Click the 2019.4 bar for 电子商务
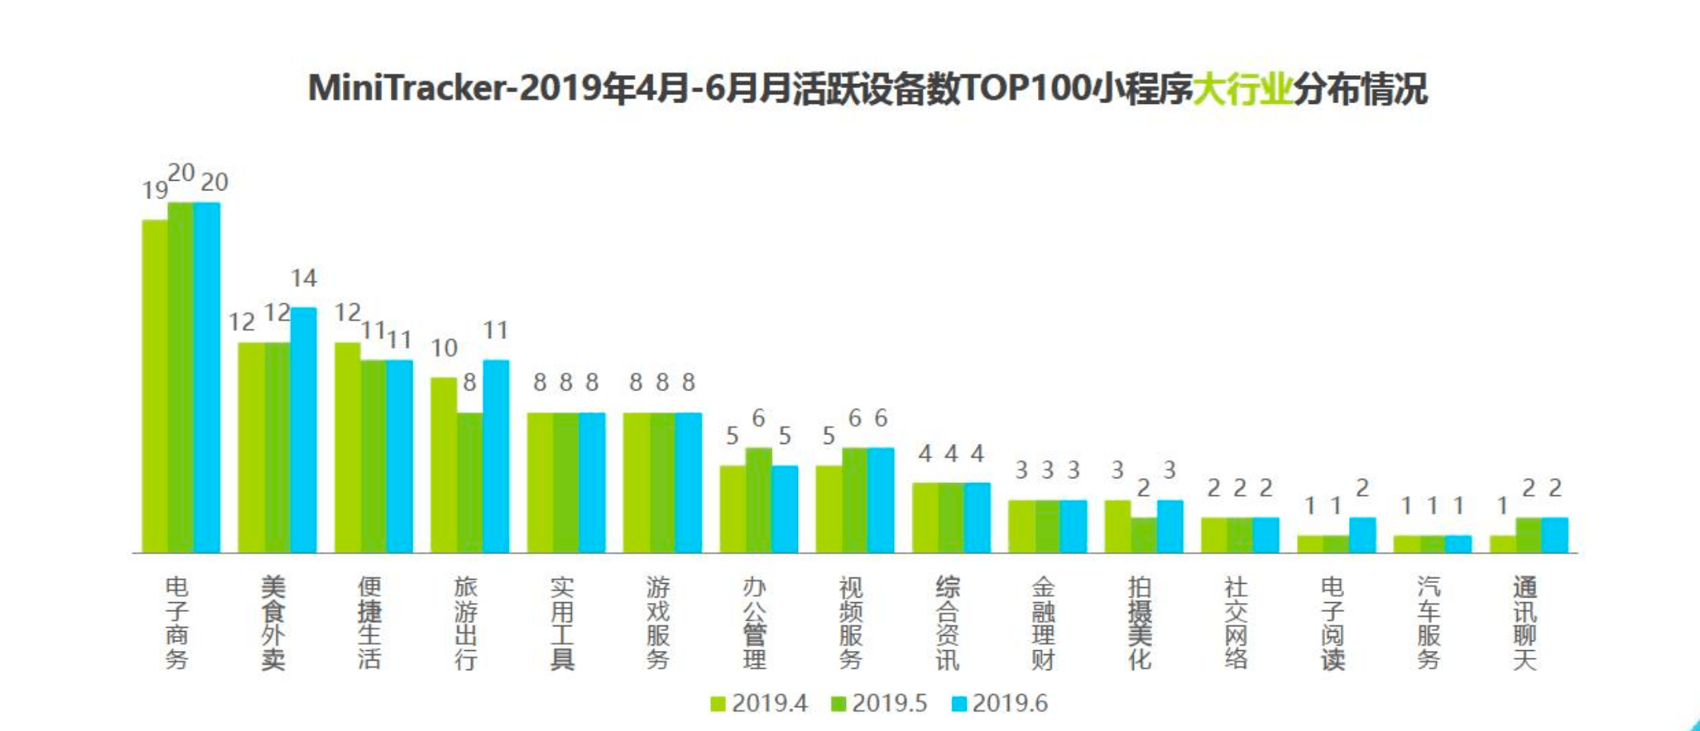[155, 385]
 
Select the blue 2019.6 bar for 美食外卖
[303, 429]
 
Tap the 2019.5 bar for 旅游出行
[470, 482]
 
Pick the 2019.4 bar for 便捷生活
[347, 447]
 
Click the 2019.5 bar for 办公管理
[758, 500]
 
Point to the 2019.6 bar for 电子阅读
[1363, 534]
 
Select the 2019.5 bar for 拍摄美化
[1143, 534]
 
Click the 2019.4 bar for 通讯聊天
[1502, 544]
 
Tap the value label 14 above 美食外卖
[304, 278]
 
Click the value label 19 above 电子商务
[154, 190]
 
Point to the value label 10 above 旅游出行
[444, 348]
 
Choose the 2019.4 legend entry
[759, 703]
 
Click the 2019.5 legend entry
[879, 703]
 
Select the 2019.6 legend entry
[1000, 703]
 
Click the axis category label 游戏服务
[658, 622]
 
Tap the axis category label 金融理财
[1043, 622]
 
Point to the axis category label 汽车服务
[1428, 622]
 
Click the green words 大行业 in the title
[1242, 89]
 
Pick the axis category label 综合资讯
[947, 622]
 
